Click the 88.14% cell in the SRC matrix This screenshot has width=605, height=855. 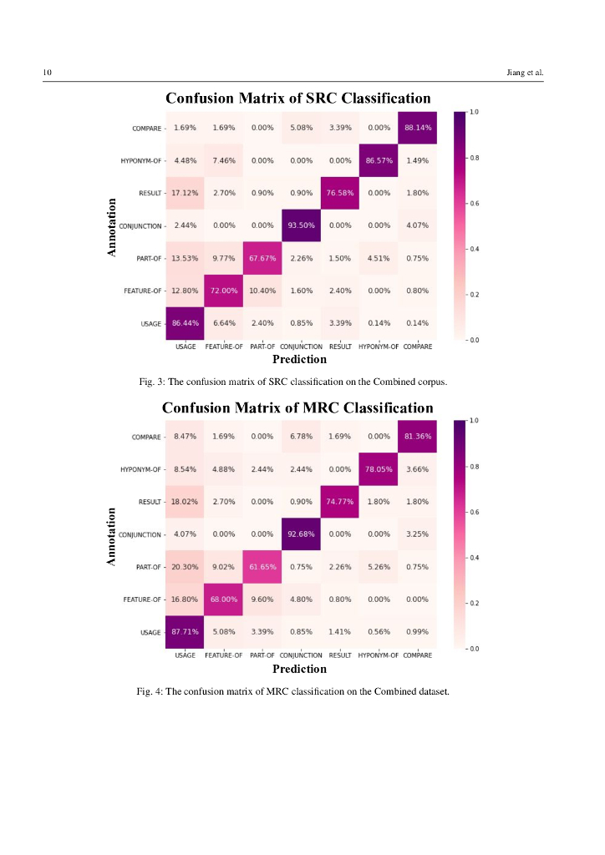[417, 128]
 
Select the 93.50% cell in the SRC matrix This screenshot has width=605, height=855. [301, 225]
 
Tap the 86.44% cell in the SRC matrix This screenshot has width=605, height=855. [185, 322]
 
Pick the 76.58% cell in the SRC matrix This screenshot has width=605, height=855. [339, 193]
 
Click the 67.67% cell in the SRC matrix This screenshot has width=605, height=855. [262, 258]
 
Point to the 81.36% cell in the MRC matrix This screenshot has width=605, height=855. [417, 437]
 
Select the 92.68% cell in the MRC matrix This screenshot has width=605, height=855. [301, 534]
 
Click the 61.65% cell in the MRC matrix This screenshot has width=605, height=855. [262, 567]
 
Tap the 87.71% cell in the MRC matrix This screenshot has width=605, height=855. [185, 632]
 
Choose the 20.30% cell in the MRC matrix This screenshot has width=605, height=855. [185, 567]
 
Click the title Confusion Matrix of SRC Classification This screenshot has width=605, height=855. [297, 99]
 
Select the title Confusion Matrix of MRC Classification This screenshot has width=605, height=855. [297, 407]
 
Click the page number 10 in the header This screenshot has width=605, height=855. [48, 73]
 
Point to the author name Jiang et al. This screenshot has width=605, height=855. [525, 73]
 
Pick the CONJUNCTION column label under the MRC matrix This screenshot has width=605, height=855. [301, 655]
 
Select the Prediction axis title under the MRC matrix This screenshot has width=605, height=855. [299, 669]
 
